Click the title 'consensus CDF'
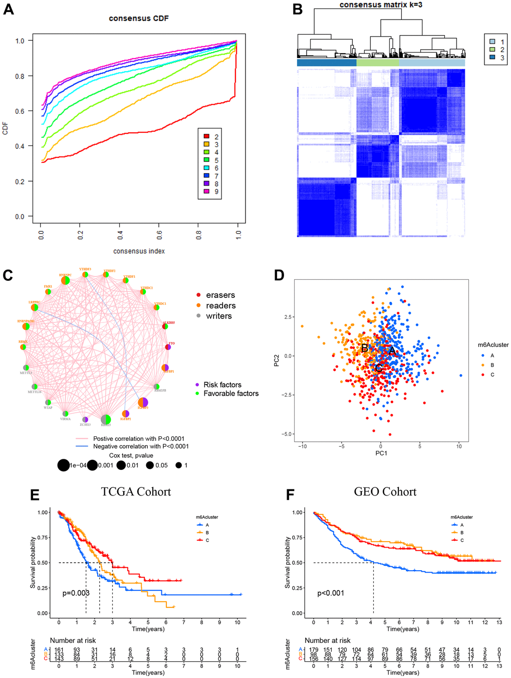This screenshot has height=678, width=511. click(x=139, y=19)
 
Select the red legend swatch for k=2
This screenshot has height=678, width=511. click(x=206, y=136)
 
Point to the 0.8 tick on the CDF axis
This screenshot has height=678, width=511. click(x=20, y=76)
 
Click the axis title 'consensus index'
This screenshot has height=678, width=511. click(x=139, y=251)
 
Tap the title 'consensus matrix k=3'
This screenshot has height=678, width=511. click(x=381, y=5)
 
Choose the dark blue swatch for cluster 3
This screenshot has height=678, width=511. click(x=492, y=58)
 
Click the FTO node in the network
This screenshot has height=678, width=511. click(x=168, y=347)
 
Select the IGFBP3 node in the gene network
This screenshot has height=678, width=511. click(x=143, y=402)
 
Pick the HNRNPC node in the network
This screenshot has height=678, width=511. click(x=65, y=281)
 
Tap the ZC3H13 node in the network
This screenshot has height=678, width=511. click(x=85, y=419)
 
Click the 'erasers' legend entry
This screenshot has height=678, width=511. click(x=220, y=295)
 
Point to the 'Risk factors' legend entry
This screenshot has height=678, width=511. click(x=222, y=385)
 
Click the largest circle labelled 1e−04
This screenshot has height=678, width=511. click(x=63, y=465)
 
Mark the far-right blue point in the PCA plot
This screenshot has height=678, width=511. click(x=460, y=375)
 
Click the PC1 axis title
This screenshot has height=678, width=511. click(x=381, y=453)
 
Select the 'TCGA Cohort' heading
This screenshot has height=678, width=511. click(x=136, y=492)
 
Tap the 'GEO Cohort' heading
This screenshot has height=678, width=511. click(x=385, y=492)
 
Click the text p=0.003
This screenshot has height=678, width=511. click(x=76, y=593)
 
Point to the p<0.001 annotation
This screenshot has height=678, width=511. click(x=331, y=593)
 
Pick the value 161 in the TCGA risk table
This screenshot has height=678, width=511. click(x=59, y=650)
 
